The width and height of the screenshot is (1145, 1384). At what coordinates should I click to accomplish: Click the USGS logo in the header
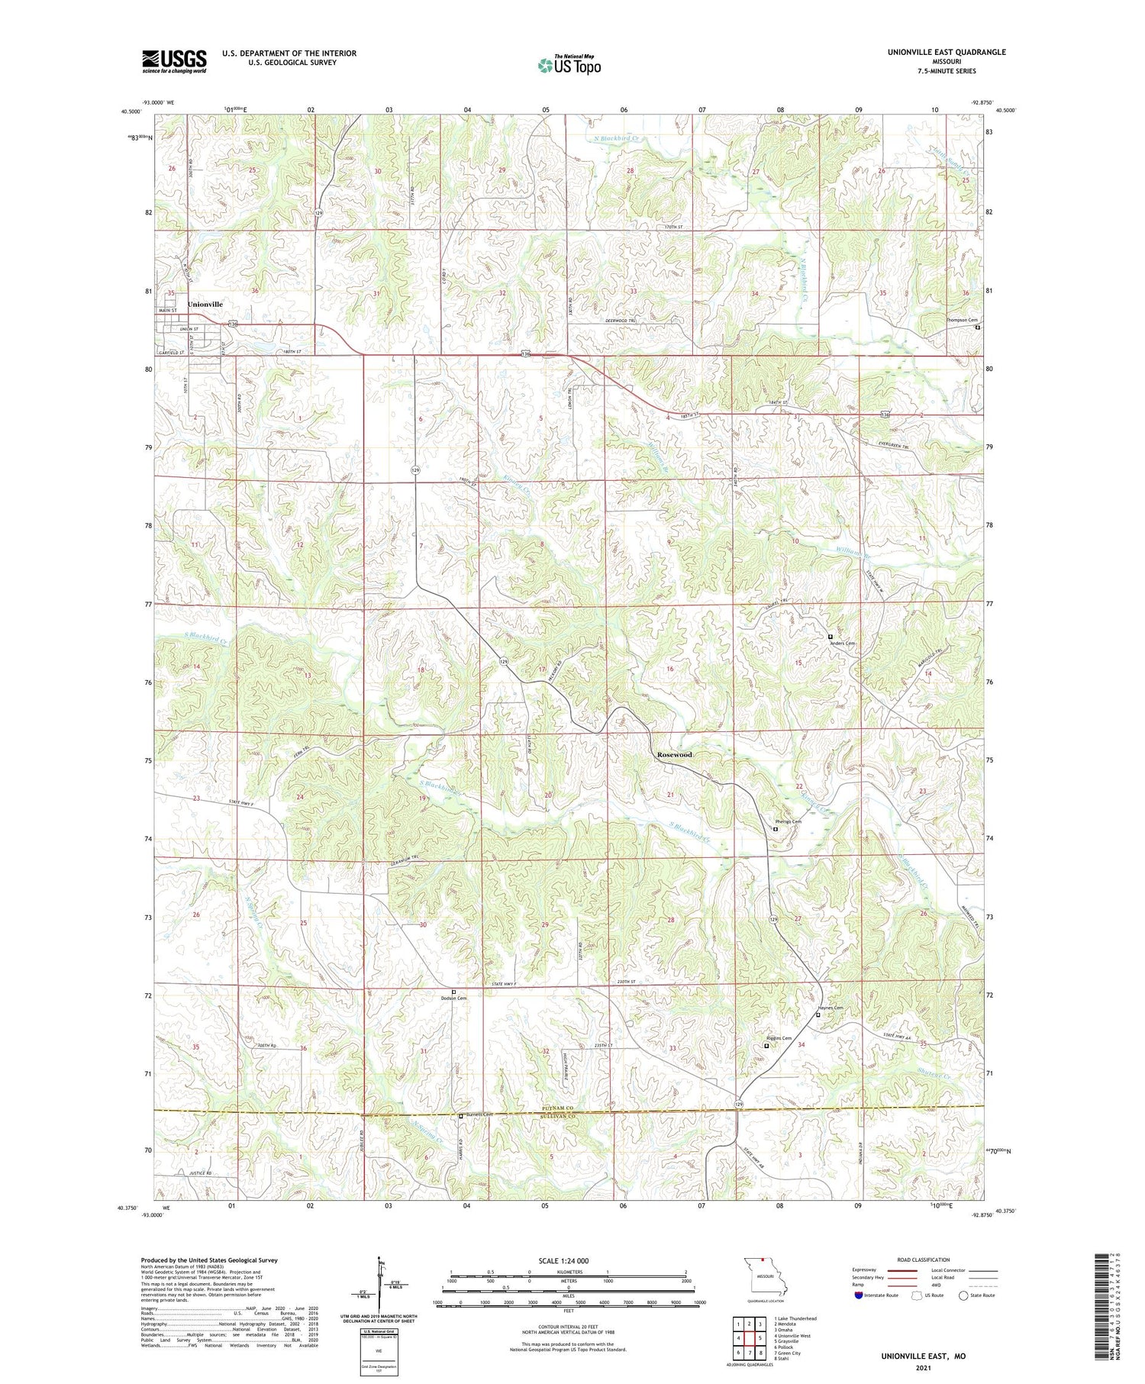[174, 61]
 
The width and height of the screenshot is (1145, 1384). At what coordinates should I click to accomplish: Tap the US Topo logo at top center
[569, 66]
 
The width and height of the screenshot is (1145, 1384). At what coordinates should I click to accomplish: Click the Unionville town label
[205, 304]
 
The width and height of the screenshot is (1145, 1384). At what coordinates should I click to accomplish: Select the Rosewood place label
[675, 754]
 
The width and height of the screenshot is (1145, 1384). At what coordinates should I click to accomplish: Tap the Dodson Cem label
[453, 998]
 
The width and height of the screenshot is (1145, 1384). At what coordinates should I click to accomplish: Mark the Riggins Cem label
[778, 1038]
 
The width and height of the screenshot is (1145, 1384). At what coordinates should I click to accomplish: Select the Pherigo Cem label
[789, 822]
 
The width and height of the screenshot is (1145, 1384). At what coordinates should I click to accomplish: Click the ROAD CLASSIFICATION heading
[924, 1260]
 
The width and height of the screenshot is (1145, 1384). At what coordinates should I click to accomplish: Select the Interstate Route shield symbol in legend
[860, 1295]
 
